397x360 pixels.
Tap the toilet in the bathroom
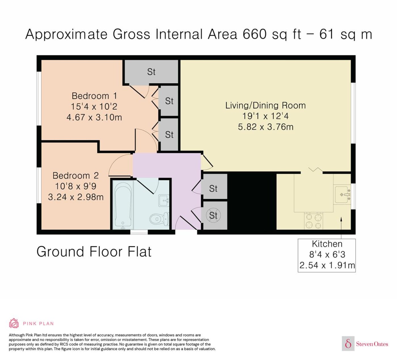tap(159, 219)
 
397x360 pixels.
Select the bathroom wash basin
tap(164, 201)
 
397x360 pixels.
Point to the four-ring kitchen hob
tap(313, 221)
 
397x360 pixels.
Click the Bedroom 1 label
tap(94, 96)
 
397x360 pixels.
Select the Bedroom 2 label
tap(76, 175)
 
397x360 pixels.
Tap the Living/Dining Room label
tap(265, 105)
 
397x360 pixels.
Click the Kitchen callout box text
tap(327, 255)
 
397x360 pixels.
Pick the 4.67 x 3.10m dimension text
tap(94, 117)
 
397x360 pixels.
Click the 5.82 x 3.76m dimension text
tap(266, 127)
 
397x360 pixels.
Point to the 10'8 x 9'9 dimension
tap(76, 186)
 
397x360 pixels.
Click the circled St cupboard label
tap(213, 215)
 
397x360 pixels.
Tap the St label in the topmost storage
tap(151, 72)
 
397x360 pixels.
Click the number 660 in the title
tap(255, 34)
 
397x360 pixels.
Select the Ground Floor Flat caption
tap(94, 252)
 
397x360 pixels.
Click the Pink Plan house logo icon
tap(14, 323)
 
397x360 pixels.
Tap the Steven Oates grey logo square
tap(348, 343)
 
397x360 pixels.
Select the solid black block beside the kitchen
tap(252, 201)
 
